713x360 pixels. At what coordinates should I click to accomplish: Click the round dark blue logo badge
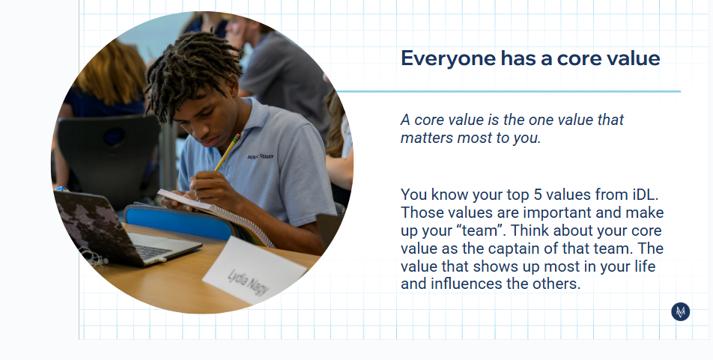[680, 312]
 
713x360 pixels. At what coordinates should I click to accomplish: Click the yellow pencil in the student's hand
[227, 153]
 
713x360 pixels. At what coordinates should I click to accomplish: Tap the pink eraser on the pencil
[237, 136]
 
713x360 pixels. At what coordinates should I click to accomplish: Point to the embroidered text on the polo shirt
[260, 156]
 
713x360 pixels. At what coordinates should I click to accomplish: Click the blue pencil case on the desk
[180, 222]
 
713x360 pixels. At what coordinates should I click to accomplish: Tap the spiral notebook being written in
[218, 216]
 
